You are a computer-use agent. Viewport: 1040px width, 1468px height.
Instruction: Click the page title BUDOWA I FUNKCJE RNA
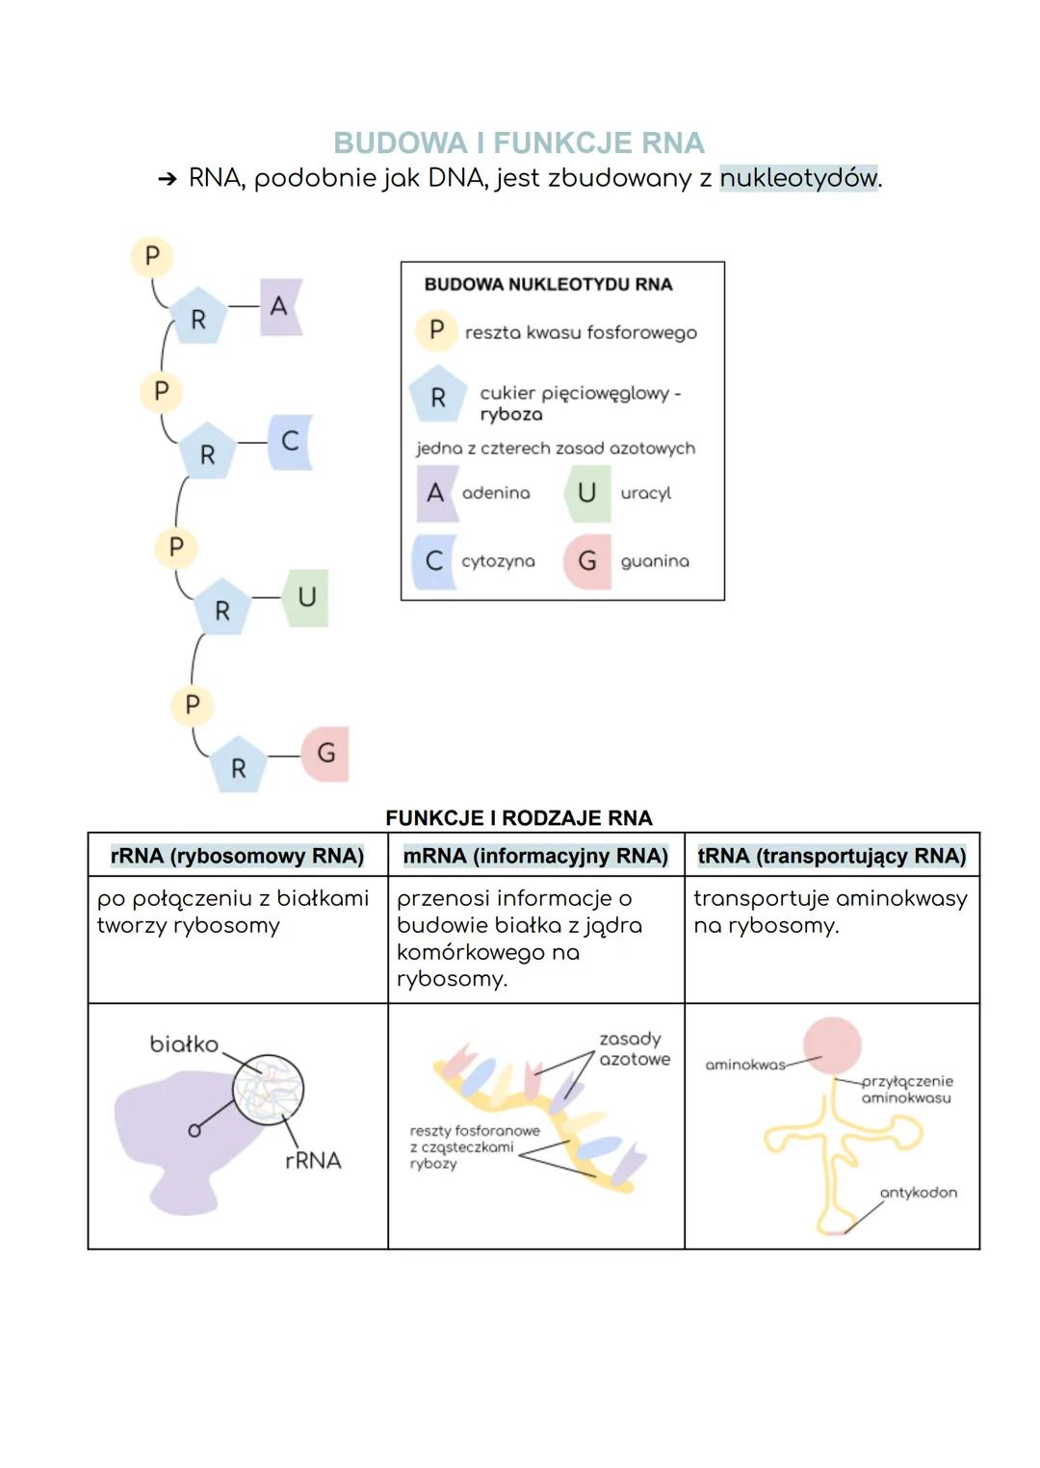point(519,143)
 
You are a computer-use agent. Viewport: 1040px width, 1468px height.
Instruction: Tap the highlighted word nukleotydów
point(798,178)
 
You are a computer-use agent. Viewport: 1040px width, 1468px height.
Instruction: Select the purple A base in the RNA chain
point(280,307)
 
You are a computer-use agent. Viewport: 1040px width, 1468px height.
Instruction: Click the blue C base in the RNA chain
point(290,442)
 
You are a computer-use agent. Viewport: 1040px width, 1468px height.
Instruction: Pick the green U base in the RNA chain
point(306,598)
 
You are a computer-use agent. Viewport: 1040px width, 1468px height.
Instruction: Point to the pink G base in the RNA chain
point(325,753)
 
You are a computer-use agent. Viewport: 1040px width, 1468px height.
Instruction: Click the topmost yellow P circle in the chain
point(151,257)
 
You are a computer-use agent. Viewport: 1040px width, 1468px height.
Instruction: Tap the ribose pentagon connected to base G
point(238,766)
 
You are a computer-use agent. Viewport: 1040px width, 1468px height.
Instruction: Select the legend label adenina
point(496,493)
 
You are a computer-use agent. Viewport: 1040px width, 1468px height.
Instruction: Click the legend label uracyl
point(645,493)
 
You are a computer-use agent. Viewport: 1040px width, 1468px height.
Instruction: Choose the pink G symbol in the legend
point(587,561)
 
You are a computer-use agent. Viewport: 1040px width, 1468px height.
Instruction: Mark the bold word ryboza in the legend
point(511,415)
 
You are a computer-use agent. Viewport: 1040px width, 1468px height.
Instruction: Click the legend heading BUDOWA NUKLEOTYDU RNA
point(548,285)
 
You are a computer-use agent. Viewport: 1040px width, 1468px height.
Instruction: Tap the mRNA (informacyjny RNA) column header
point(535,856)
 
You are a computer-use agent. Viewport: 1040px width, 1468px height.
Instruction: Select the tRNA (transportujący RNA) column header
point(832,856)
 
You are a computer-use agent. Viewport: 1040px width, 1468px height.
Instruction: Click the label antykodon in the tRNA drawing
point(918,1193)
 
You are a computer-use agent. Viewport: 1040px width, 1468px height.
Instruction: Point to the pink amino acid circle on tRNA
point(831,1045)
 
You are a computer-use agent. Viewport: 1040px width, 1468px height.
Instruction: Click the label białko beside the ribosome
point(184,1044)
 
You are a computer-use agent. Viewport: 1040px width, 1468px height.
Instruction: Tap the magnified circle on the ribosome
point(268,1090)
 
